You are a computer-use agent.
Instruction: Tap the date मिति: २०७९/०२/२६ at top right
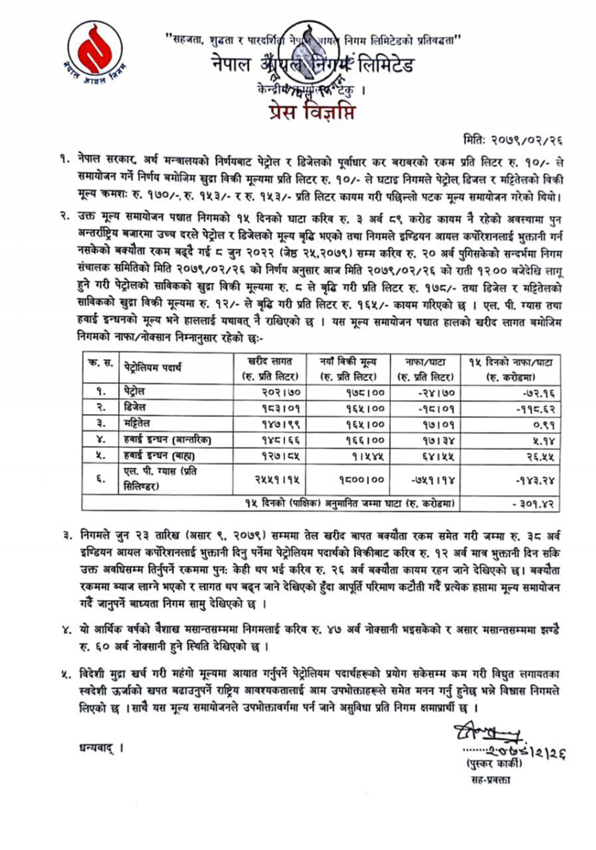click(513, 140)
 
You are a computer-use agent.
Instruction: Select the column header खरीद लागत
click(269, 361)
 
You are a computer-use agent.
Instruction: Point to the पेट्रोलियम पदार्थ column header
click(153, 368)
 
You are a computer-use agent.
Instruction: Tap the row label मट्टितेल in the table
click(137, 424)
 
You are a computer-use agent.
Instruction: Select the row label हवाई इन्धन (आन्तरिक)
click(167, 440)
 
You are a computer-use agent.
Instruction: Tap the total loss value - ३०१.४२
click(534, 504)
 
